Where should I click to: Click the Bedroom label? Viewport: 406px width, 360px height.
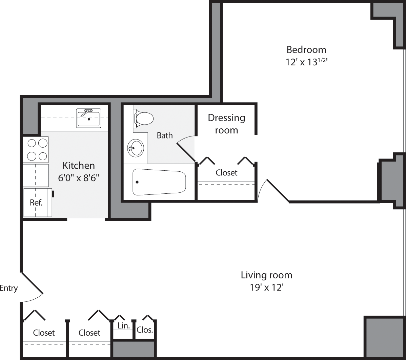pyautogui.click(x=306, y=50)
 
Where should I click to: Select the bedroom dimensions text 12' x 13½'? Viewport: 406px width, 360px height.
pyautogui.click(x=306, y=62)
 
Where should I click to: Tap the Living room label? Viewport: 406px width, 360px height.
pyautogui.click(x=266, y=275)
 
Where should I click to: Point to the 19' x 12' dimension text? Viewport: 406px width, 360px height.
pyautogui.click(x=266, y=288)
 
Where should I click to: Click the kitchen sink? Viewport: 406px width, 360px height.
pyautogui.click(x=89, y=118)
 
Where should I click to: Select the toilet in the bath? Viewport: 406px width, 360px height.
pyautogui.click(x=144, y=118)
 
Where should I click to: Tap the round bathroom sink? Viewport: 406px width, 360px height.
pyautogui.click(x=136, y=148)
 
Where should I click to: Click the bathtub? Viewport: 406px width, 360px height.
pyautogui.click(x=159, y=182)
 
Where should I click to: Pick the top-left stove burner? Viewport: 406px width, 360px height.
pyautogui.click(x=32, y=143)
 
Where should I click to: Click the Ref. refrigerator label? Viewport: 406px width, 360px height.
pyautogui.click(x=36, y=203)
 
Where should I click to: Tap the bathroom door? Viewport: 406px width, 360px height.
pyautogui.click(x=186, y=148)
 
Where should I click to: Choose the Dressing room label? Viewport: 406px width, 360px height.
pyautogui.click(x=226, y=124)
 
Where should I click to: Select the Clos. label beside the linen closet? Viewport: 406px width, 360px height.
pyautogui.click(x=145, y=330)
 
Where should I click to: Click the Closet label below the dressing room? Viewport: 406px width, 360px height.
pyautogui.click(x=226, y=173)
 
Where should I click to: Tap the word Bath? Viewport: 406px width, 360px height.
pyautogui.click(x=165, y=135)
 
